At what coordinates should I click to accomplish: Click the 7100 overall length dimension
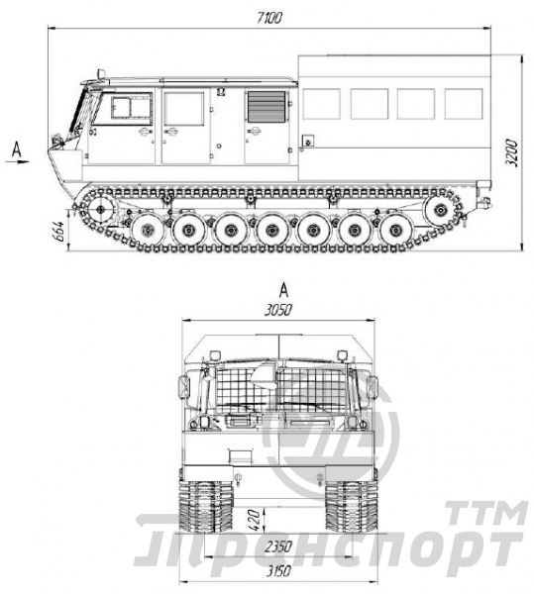[268, 18]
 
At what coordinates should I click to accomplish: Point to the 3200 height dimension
[512, 152]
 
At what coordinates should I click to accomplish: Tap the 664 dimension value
[58, 232]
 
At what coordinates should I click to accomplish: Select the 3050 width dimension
[278, 310]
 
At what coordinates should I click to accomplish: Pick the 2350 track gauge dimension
[278, 546]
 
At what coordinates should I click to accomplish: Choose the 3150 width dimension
[278, 571]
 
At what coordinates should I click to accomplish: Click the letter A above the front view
[283, 290]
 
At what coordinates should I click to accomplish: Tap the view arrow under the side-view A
[17, 161]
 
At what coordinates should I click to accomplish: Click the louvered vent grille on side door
[267, 107]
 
